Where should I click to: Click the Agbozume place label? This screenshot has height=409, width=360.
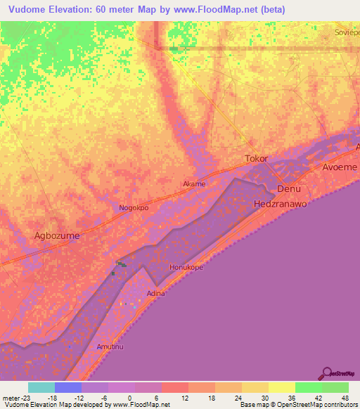click(x=57, y=236)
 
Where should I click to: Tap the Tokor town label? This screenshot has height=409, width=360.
click(x=257, y=159)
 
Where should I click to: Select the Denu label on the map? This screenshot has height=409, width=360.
click(x=289, y=190)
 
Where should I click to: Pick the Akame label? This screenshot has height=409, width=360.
click(x=194, y=184)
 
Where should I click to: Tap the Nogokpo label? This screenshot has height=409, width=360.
click(x=134, y=209)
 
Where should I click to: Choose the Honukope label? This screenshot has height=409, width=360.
click(x=186, y=268)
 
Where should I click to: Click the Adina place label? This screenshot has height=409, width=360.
click(x=155, y=293)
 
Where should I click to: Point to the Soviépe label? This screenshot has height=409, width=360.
click(x=347, y=32)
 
